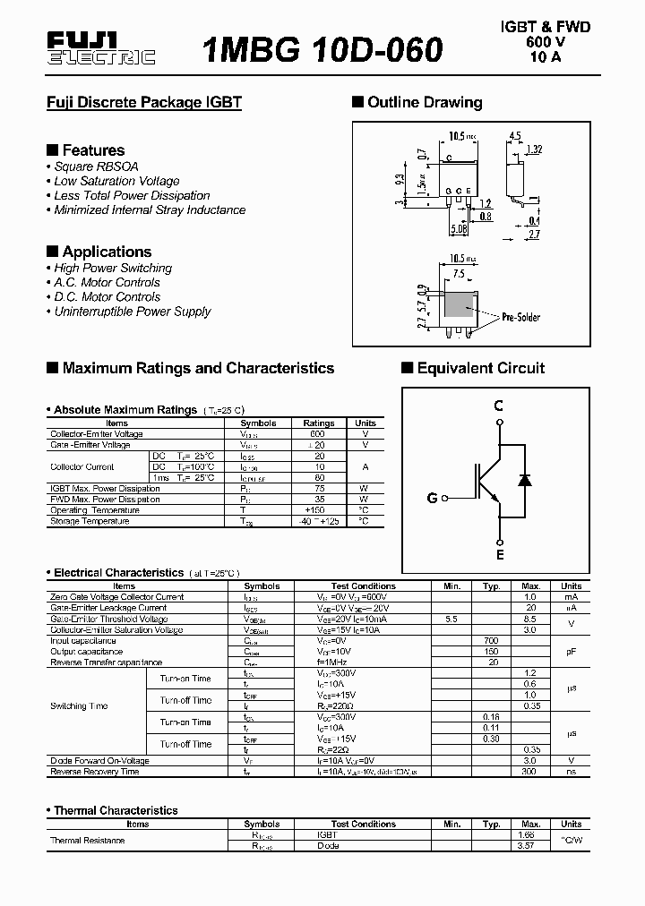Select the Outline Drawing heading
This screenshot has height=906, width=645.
pyautogui.click(x=424, y=102)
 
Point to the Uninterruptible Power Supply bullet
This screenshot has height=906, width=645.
pyautogui.click(x=132, y=312)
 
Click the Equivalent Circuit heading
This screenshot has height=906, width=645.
pyautogui.click(x=480, y=368)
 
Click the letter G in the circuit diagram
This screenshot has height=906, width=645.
pyautogui.click(x=432, y=498)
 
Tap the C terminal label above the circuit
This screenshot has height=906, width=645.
pyautogui.click(x=499, y=406)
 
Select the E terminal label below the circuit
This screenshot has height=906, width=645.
pyautogui.click(x=500, y=555)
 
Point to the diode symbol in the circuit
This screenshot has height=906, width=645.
pyautogui.click(x=525, y=480)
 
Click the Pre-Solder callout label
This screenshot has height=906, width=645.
pyautogui.click(x=520, y=317)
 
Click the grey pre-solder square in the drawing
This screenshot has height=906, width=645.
pyautogui.click(x=460, y=305)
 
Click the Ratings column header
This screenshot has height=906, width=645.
pyautogui.click(x=319, y=423)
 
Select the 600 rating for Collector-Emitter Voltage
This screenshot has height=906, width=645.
pyautogui.click(x=318, y=434)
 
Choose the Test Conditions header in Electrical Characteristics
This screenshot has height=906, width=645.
pyautogui.click(x=363, y=586)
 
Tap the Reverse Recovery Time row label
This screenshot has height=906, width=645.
pyautogui.click(x=95, y=772)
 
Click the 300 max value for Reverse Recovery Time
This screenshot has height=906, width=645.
pyautogui.click(x=530, y=772)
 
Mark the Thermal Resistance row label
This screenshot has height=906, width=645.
pyautogui.click(x=88, y=841)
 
